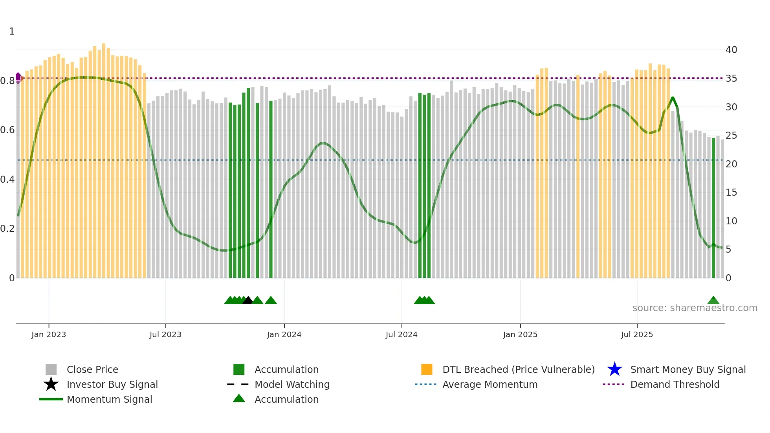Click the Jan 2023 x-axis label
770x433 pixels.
pos(49,334)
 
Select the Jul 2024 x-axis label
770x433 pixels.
pos(401,334)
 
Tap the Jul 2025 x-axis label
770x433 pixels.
pos(637,334)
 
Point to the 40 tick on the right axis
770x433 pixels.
pos(731,50)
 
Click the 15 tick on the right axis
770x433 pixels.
pos(731,193)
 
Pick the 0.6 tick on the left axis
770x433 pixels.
pos(7,130)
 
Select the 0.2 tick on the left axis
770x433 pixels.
pos(7,229)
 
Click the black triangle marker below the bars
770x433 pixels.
pos(248,301)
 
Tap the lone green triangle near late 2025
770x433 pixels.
pos(713,301)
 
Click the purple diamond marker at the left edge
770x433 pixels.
pos(18,77)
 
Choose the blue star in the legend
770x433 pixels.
pos(614,369)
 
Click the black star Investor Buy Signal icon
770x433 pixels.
pos(51,384)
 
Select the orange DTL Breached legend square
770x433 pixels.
pos(427,369)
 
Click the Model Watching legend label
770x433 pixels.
pos(292,384)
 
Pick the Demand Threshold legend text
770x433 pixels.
pos(675,384)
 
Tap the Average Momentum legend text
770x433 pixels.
pos(490,384)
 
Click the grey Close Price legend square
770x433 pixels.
pos(51,369)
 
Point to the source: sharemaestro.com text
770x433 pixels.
pos(695,308)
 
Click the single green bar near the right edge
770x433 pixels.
pos(713,208)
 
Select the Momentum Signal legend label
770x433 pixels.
pos(109,399)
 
